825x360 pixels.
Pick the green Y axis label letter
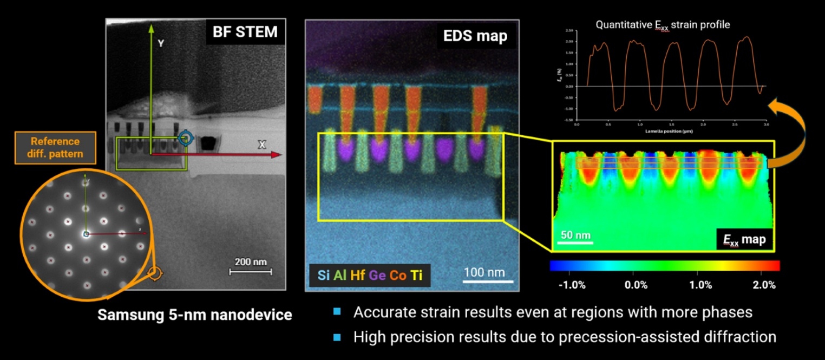pyautogui.click(x=161, y=43)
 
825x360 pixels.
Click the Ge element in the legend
pyautogui.click(x=377, y=275)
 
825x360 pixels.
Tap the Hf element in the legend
pyautogui.click(x=357, y=275)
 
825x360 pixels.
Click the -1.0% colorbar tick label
pyautogui.click(x=572, y=285)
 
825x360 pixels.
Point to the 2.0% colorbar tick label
pyautogui.click(x=764, y=285)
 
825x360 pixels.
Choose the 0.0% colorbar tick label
pyautogui.click(x=636, y=285)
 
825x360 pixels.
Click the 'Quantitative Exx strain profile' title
pyautogui.click(x=663, y=24)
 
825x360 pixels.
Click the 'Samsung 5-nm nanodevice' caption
pyautogui.click(x=194, y=315)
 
